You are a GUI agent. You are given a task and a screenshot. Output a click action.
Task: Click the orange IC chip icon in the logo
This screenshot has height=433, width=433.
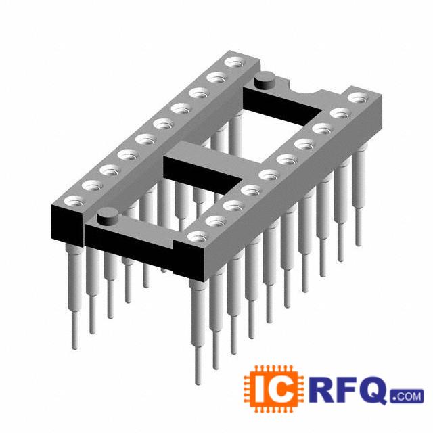point(273,390)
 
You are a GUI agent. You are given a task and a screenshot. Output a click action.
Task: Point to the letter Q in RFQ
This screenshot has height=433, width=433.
point(375,390)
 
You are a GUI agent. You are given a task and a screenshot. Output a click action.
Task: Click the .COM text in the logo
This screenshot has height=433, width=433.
point(407,396)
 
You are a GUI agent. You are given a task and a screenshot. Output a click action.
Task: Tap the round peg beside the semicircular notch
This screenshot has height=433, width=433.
point(265,80)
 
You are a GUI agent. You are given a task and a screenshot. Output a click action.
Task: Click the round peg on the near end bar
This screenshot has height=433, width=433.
point(108,216)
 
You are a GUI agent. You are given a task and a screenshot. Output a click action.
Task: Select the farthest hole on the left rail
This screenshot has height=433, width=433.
point(235,62)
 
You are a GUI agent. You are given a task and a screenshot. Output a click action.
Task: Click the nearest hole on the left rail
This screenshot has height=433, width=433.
point(74,201)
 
